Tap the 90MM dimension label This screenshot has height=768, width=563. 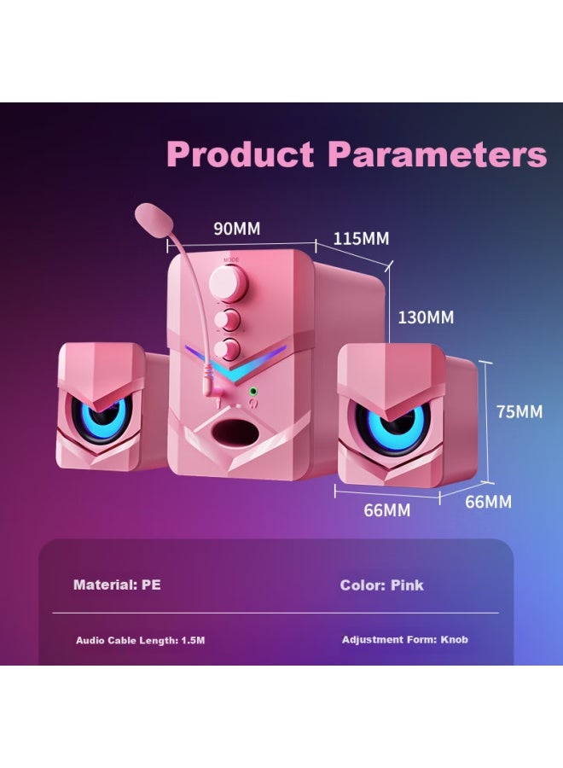[x=236, y=229]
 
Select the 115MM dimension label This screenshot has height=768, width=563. [x=361, y=238]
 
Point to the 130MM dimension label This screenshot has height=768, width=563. [x=426, y=317]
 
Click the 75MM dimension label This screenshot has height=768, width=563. [x=519, y=411]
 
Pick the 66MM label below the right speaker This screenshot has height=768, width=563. [x=387, y=510]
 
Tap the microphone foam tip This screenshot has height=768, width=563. [x=151, y=214]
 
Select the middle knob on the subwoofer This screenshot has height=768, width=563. [x=229, y=320]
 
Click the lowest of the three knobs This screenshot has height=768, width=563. [x=229, y=348]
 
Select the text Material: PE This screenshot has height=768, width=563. [x=117, y=585]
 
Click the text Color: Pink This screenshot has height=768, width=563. [x=381, y=585]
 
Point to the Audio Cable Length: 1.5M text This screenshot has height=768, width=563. [x=141, y=640]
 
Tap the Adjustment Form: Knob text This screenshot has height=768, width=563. [x=404, y=639]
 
